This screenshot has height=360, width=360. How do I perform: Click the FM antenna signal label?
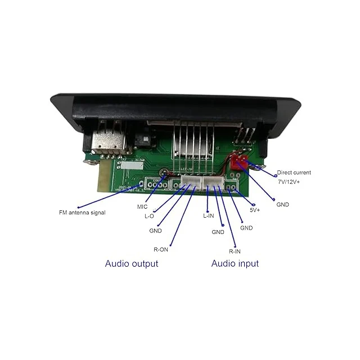pyautogui.click(x=82, y=213)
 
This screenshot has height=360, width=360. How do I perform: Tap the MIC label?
pyautogui.click(x=142, y=206)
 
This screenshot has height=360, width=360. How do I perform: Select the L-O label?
pyautogui.click(x=149, y=216)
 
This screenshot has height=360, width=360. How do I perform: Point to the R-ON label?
pyautogui.click(x=160, y=249)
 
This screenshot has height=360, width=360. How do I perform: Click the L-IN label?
pyautogui.click(x=208, y=215)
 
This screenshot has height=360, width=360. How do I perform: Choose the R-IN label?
pyautogui.click(x=235, y=251)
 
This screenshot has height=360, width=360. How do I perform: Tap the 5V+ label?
pyautogui.click(x=255, y=210)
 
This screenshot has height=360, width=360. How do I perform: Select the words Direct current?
pyautogui.click(x=294, y=173)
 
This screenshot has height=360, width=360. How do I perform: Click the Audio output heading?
pyautogui.click(x=132, y=263)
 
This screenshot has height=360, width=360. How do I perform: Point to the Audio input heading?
pyautogui.click(x=235, y=263)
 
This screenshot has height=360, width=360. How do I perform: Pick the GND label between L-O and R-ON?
pyautogui.click(x=156, y=231)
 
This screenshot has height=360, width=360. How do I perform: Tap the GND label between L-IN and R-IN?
pyautogui.click(x=218, y=232)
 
